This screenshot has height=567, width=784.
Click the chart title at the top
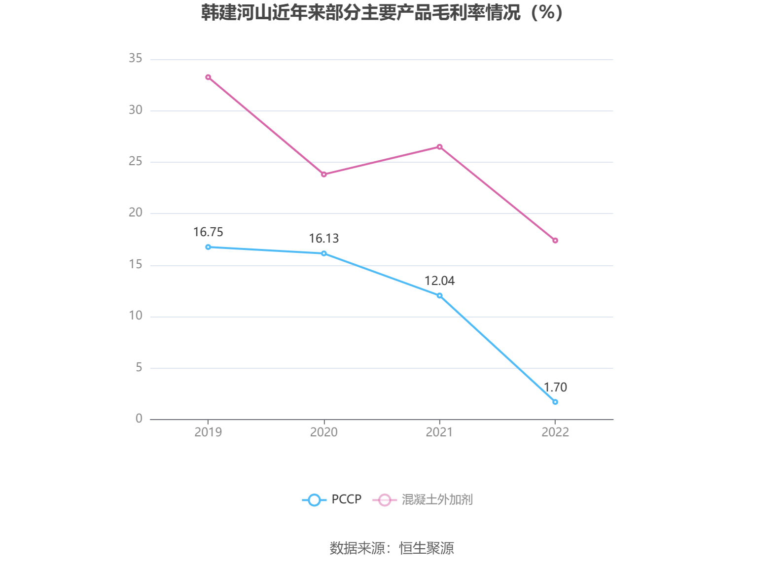pos(382,13)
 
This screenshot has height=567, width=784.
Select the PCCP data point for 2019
pos(208,247)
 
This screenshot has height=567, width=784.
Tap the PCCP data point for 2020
pos(324,253)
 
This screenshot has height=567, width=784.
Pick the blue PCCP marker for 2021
pos(439,296)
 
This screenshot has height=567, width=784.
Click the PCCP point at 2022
pos(555,402)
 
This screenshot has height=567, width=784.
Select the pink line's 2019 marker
pos(208,77)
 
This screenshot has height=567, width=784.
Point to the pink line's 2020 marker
pos(324,175)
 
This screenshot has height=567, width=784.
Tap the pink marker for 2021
pos(439,147)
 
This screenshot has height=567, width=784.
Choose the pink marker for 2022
pos(555,241)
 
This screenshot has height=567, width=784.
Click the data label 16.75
pos(208,232)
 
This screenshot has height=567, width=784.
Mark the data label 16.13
pos(324,239)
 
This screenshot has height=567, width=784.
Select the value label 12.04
pos(439,281)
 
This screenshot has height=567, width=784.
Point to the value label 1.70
pos(555,388)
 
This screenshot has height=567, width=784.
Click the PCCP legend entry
pos(332,499)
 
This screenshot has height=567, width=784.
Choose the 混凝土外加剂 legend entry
pos(423,499)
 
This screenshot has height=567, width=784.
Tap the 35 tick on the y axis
pos(136,59)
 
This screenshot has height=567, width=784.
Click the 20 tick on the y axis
pos(136,213)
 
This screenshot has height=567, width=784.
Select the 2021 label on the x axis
pos(439,432)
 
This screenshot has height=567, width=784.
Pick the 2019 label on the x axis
pos(208,432)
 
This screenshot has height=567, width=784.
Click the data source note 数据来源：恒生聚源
pos(392,548)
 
